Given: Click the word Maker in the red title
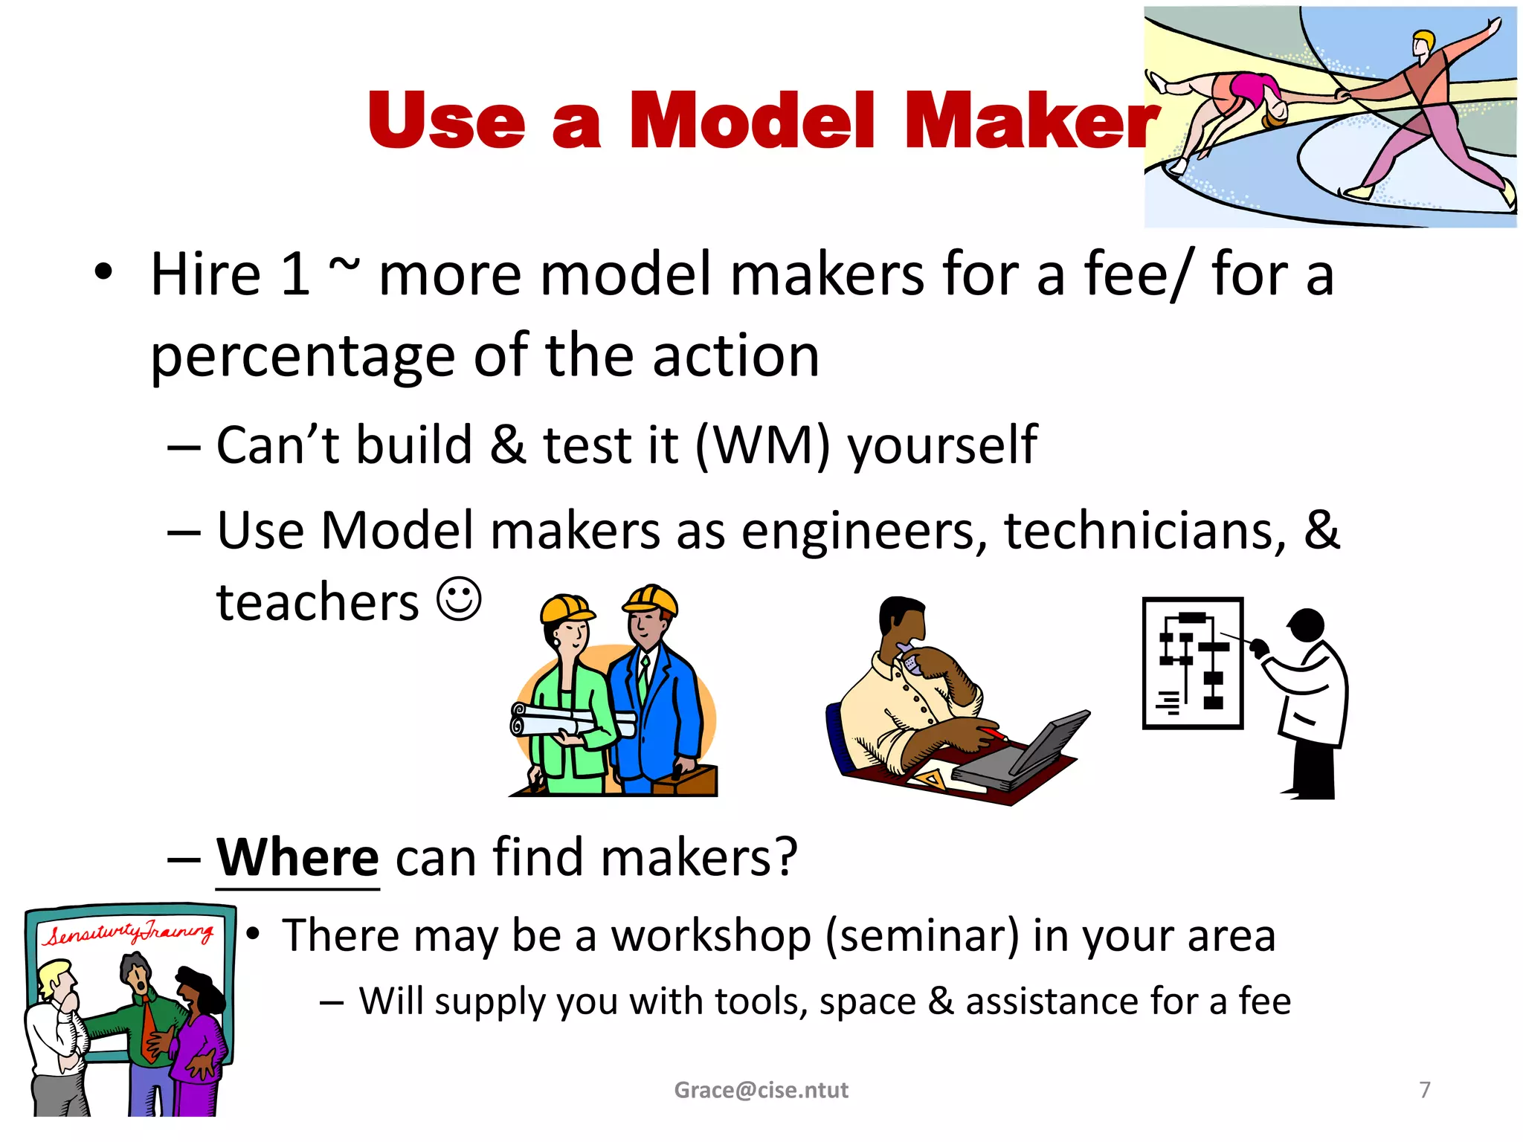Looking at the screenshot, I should pyautogui.click(x=1031, y=120).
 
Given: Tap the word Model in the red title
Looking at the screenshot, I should pyautogui.click(x=753, y=120).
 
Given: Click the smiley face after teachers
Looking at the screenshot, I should pyautogui.click(x=459, y=599).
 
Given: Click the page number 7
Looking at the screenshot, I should pyautogui.click(x=1424, y=1089).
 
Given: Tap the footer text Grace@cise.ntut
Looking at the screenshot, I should pyautogui.click(x=761, y=1090).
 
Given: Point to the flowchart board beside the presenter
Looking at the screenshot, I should pyautogui.click(x=1192, y=663).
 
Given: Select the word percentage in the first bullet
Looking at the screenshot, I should pyautogui.click(x=302, y=357).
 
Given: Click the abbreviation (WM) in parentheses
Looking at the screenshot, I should pyautogui.click(x=762, y=445).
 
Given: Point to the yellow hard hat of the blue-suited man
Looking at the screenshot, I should pyautogui.click(x=651, y=599).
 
